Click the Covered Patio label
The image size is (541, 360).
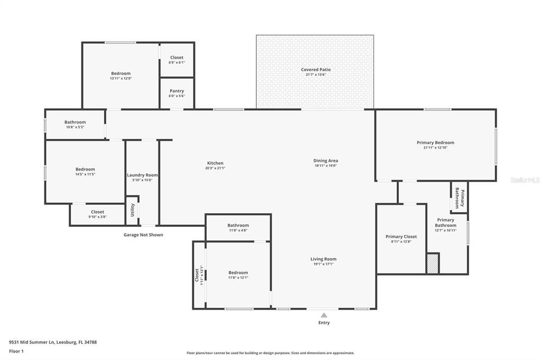pos(315,70)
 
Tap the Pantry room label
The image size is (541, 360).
pos(176,91)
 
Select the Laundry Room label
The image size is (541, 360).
pos(142,175)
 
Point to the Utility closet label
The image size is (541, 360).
pos(133,210)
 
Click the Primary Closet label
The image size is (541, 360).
pos(401,236)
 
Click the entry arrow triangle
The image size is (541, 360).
pos(324,315)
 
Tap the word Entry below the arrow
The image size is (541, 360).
pos(324,323)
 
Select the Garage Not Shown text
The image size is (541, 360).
pos(143,235)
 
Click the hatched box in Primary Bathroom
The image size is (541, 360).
pos(433,263)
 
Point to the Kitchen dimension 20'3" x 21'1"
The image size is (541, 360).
pos(215,168)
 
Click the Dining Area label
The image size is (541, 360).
pos(325,160)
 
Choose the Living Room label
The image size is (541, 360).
pos(323,259)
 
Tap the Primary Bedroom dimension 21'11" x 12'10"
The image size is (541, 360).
pos(435,148)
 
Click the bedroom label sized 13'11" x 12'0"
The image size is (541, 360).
pos(120,73)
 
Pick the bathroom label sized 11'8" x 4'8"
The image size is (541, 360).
pos(238,225)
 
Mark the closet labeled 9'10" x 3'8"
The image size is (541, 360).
pos(97,212)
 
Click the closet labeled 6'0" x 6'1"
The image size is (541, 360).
pos(176,58)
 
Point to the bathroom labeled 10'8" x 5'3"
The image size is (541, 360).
pos(75,122)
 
